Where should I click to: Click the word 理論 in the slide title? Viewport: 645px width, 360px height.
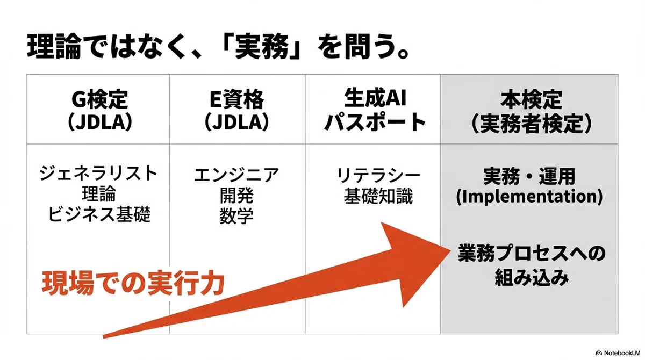tap(54, 47)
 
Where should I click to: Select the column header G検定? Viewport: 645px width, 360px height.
tap(99, 99)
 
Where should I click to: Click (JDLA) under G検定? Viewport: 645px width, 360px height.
tap(99, 123)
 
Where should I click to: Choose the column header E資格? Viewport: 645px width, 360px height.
tap(236, 99)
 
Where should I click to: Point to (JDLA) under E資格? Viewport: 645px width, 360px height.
tap(236, 123)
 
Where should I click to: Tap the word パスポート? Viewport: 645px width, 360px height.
tap(375, 123)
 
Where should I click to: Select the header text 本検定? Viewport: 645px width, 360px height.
tap(531, 99)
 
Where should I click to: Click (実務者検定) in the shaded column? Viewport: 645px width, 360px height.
tap(531, 123)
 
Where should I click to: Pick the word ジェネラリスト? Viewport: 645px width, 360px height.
tap(98, 173)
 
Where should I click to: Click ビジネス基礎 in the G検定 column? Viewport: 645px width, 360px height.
tap(99, 214)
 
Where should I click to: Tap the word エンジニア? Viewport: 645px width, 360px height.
tap(236, 175)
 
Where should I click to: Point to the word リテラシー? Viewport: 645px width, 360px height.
tap(378, 175)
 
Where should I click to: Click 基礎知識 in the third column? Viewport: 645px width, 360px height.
tap(378, 196)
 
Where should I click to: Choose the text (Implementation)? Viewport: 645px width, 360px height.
tap(529, 197)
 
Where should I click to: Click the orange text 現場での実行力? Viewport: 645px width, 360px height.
tap(133, 283)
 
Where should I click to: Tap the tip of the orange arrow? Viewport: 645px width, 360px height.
tap(450, 250)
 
